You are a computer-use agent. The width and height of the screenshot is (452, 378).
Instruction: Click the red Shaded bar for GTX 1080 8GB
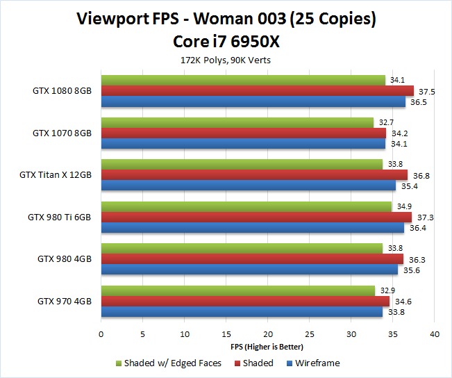[257, 91]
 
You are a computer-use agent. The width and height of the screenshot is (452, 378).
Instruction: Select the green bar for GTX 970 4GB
[237, 290]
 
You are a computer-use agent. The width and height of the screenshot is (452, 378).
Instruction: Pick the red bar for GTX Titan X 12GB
[254, 175]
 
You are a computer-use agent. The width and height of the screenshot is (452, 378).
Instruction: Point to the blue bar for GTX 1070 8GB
[243, 144]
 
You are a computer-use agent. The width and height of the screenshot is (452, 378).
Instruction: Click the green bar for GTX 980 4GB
[242, 248]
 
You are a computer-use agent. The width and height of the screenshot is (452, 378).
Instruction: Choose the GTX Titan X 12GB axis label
[56, 175]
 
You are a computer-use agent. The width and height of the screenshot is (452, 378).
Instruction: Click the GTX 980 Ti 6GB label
[59, 217]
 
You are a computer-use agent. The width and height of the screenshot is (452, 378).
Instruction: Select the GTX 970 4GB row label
[64, 301]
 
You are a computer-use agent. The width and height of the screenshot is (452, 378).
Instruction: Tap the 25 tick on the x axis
[310, 334]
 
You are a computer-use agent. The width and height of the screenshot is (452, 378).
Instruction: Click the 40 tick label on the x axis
[435, 334]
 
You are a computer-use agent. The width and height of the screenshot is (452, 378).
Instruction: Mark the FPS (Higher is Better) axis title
[267, 346]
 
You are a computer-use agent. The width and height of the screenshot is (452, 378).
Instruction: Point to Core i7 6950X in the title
[226, 42]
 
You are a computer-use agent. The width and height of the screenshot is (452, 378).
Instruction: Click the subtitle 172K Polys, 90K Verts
[226, 60]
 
